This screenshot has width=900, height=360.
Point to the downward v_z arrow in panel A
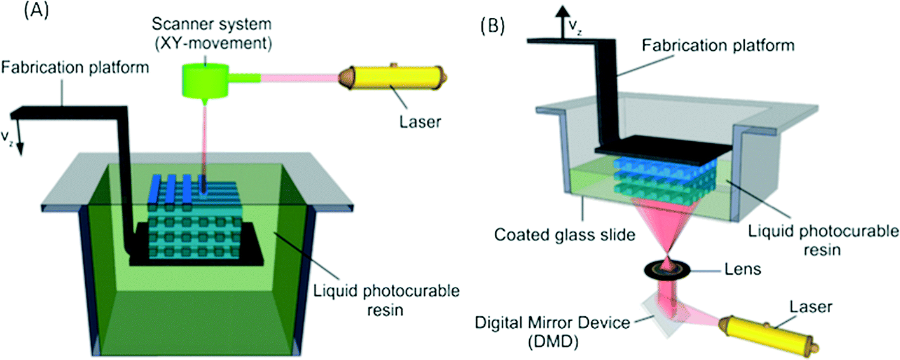(x=20, y=143)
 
